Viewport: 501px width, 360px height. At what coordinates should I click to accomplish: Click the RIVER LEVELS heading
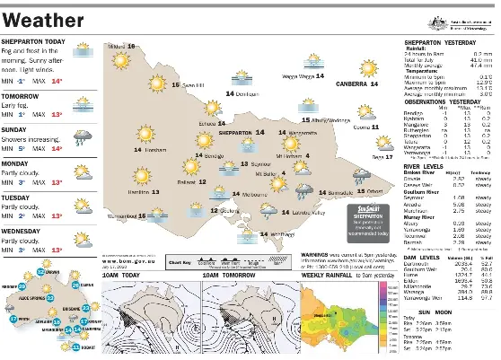coord(424,165)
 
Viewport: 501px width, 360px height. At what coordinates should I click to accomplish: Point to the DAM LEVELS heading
coord(421,256)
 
